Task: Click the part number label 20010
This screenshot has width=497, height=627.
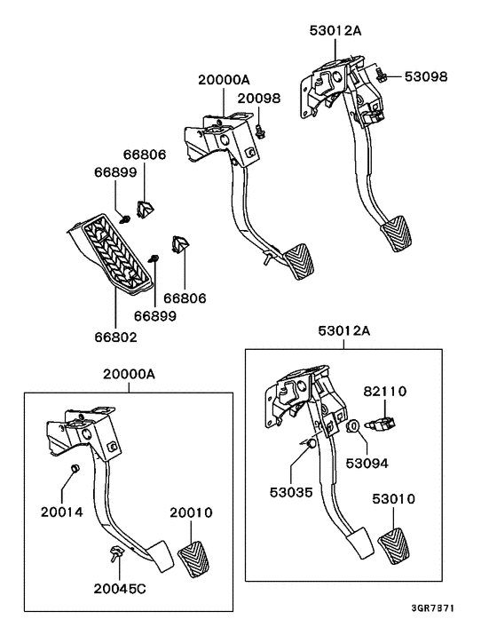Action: click(192, 512)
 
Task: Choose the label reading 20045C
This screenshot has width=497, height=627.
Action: click(121, 587)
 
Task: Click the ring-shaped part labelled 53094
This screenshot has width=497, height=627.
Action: click(352, 427)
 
